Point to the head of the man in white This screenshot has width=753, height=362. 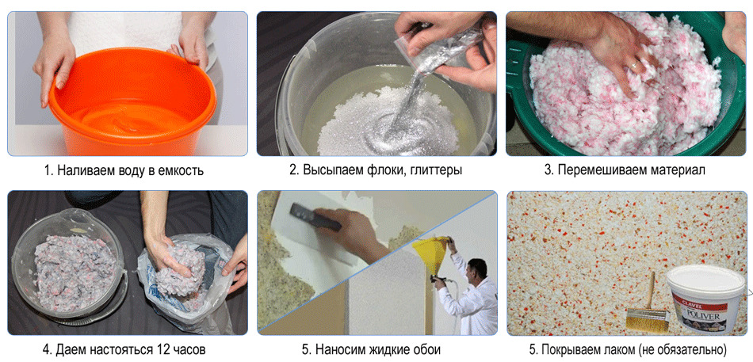[x=476, y=269]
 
